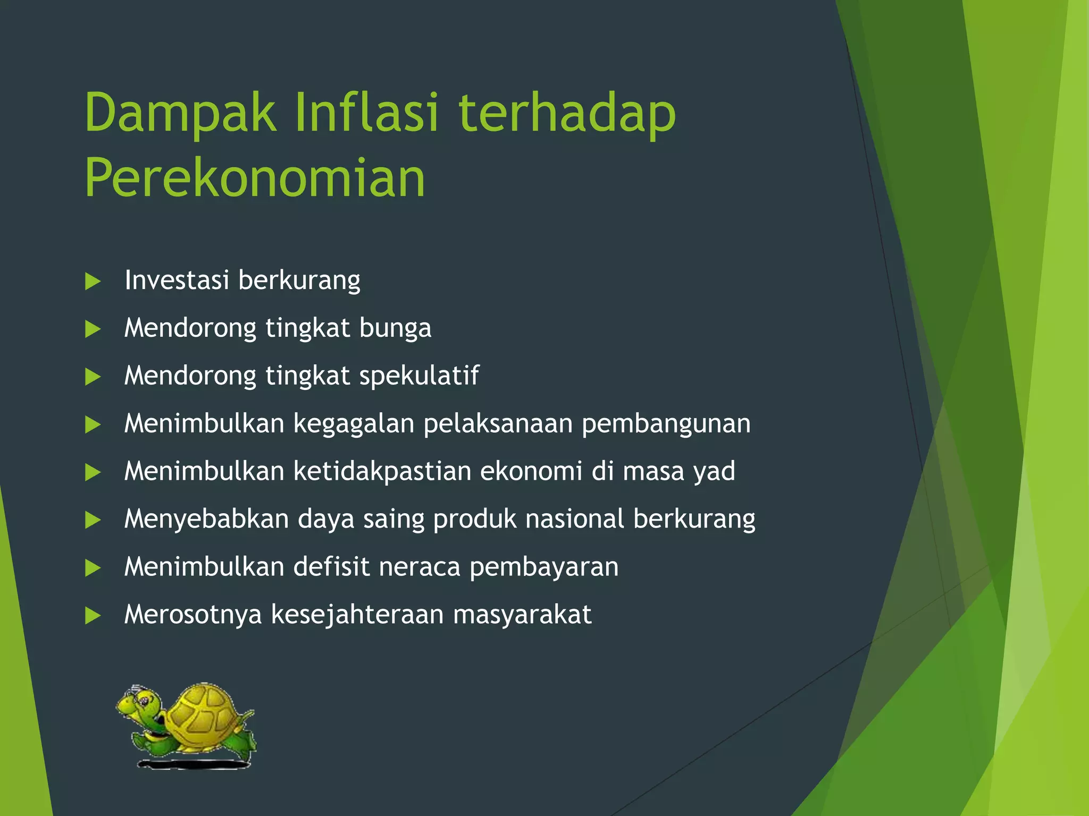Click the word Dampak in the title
181,113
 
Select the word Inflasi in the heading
367,113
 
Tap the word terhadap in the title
567,113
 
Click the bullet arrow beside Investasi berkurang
93,282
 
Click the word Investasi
177,280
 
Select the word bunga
395,328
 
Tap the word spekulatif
419,376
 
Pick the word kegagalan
354,424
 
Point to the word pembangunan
666,424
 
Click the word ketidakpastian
382,472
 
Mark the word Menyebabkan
206,519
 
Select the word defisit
331,567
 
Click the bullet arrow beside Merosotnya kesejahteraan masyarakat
93,616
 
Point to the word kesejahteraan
357,615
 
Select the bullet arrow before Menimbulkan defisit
93,568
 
